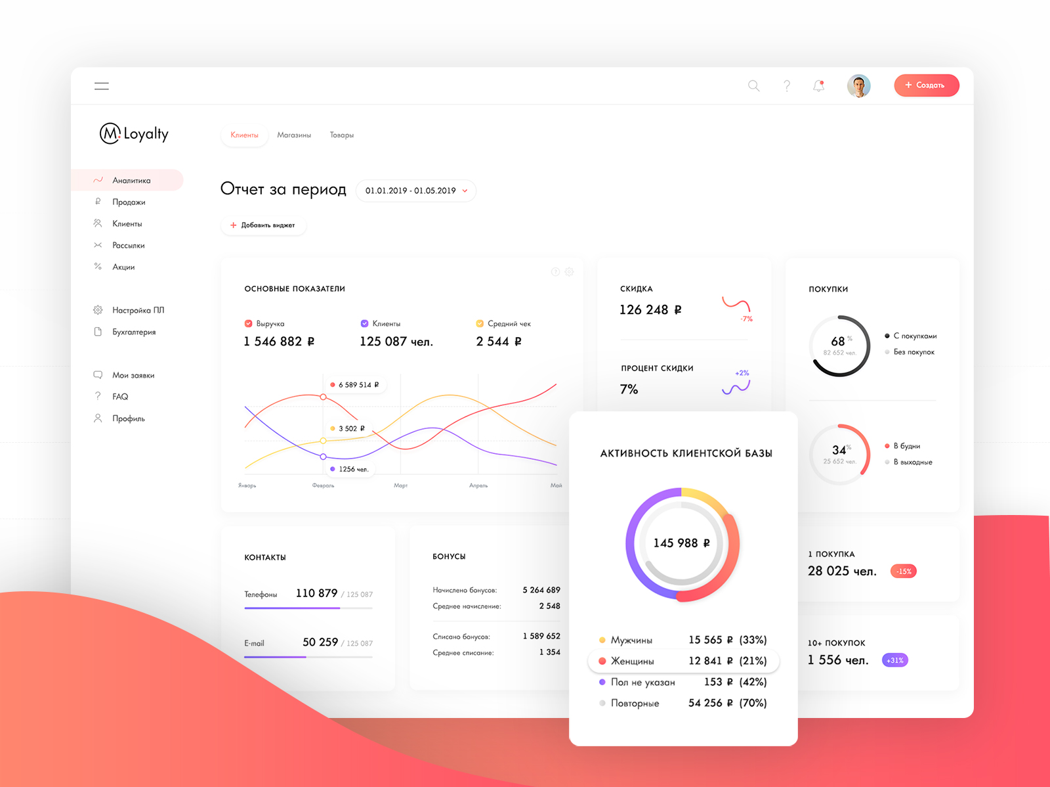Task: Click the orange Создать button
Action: point(926,85)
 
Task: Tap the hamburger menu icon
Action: point(102,86)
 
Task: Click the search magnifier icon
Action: point(753,86)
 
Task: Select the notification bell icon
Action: point(818,86)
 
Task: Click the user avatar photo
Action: point(858,86)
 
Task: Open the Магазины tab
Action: point(293,135)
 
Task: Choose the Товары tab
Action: point(341,135)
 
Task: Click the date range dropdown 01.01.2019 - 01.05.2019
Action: point(416,191)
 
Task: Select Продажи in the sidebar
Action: point(129,202)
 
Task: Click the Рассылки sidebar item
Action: point(128,246)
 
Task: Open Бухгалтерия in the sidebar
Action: point(133,332)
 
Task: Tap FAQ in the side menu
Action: point(120,397)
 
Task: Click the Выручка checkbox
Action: point(248,324)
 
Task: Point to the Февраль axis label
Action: point(323,486)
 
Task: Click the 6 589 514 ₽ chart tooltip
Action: point(355,385)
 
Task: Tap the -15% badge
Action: point(904,572)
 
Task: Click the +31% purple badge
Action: point(895,660)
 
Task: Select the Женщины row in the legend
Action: point(682,662)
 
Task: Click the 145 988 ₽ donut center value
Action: point(682,543)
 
